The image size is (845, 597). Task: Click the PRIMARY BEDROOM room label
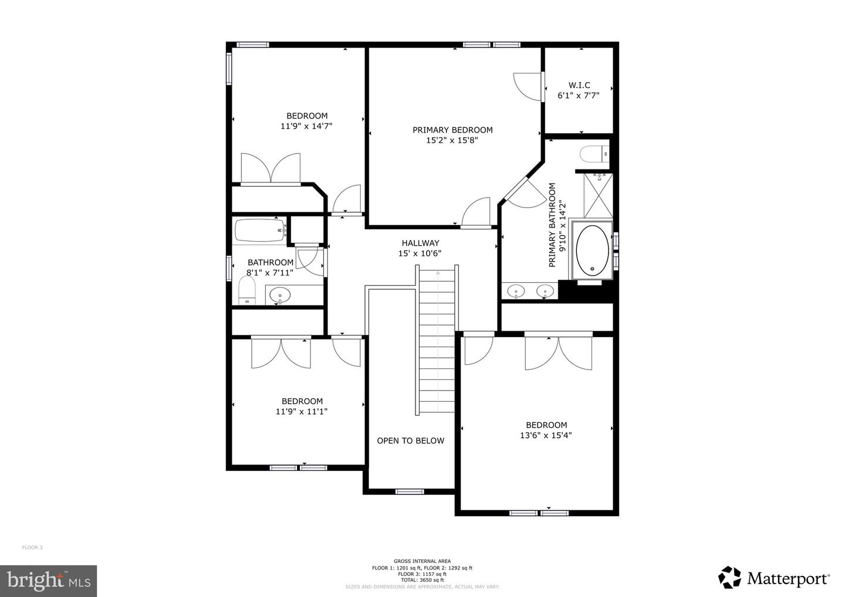point(452,130)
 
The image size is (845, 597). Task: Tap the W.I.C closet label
point(579,85)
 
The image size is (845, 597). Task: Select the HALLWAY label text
point(420,243)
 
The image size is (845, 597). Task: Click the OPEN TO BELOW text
point(410,441)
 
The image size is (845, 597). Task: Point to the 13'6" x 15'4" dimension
point(546,435)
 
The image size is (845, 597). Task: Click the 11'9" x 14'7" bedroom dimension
point(307,125)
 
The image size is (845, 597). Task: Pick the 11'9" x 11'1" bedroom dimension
point(302,412)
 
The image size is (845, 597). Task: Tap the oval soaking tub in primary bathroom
point(592,250)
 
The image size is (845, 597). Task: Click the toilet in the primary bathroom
point(594,155)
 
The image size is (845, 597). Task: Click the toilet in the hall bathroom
point(247,291)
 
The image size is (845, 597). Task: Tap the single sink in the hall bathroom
point(280,294)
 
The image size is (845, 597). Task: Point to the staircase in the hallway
point(437,340)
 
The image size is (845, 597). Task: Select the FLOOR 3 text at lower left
point(32,548)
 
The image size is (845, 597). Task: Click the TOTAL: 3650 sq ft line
point(422,580)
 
